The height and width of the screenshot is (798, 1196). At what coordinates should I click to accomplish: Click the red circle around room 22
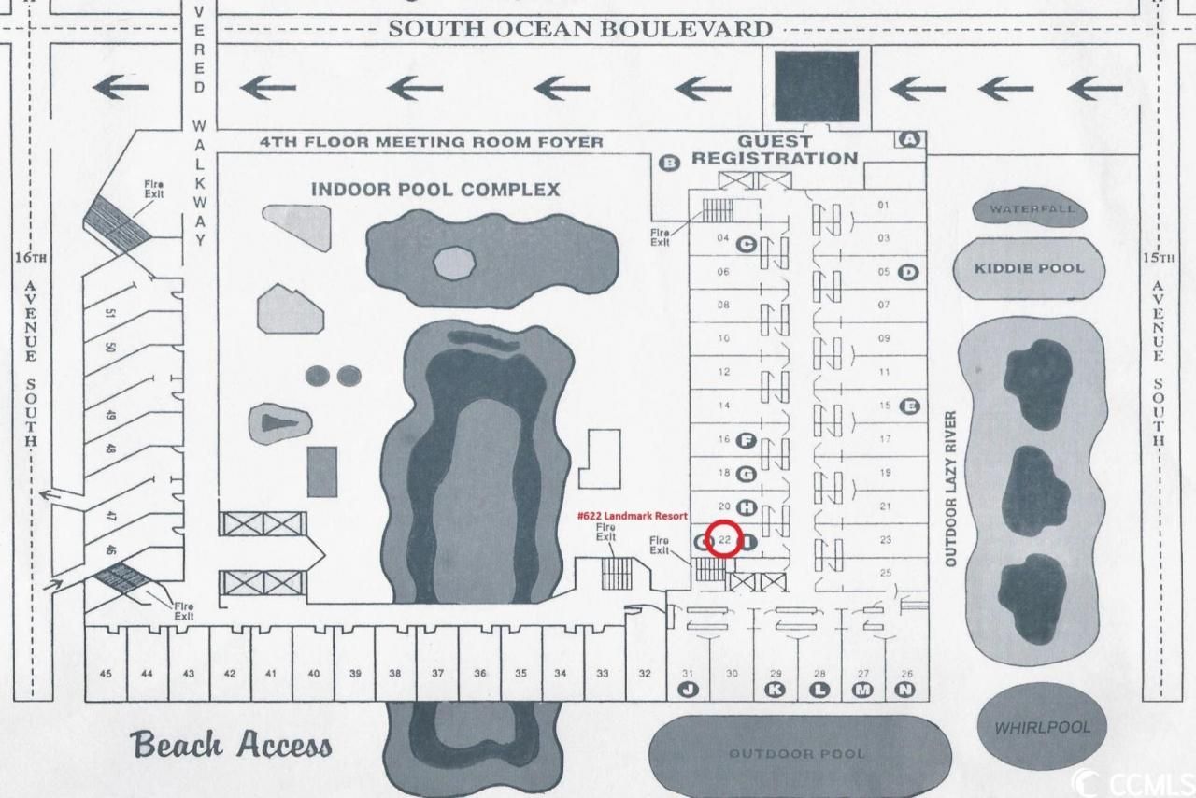(x=725, y=540)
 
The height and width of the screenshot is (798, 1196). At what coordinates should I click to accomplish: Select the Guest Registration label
(x=774, y=150)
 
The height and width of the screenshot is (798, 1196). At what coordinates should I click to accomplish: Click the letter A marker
(x=910, y=139)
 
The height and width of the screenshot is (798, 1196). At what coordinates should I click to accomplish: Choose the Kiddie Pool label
(x=1031, y=268)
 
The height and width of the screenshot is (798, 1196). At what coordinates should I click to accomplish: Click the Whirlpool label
(x=1042, y=728)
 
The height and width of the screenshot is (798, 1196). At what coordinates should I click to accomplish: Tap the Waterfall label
(x=1032, y=209)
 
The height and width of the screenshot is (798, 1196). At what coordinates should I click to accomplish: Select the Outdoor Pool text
(x=797, y=753)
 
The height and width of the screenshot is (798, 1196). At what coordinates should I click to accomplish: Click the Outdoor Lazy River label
(x=952, y=488)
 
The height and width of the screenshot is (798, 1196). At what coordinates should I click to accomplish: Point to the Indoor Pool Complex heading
(x=435, y=190)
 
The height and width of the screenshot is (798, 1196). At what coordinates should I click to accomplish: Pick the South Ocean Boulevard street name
(x=580, y=29)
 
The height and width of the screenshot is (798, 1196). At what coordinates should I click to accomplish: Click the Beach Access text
(x=232, y=745)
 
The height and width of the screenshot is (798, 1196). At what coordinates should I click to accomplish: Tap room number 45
(x=106, y=674)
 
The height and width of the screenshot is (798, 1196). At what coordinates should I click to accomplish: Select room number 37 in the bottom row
(x=437, y=674)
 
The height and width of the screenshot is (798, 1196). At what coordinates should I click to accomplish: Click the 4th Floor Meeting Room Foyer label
(x=432, y=142)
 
